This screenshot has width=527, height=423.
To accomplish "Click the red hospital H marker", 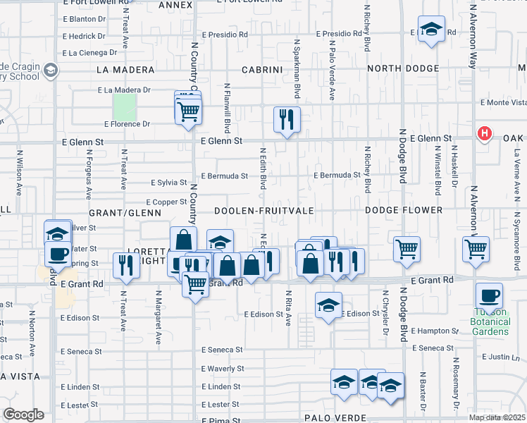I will (484, 133).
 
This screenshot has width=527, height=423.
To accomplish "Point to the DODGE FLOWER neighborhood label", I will (404, 211).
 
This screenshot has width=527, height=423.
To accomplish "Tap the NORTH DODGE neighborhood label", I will (404, 70).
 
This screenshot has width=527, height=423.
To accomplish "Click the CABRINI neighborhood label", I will (262, 70).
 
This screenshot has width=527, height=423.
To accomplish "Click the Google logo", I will (23, 415).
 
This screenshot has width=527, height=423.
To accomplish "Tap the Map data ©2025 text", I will (497, 417).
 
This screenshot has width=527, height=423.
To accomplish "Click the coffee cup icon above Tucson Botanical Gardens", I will (489, 295).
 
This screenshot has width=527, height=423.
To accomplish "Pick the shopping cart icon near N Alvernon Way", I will (476, 248).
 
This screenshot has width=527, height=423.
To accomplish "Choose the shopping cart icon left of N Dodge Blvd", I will (407, 248).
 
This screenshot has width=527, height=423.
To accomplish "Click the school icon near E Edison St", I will (328, 305).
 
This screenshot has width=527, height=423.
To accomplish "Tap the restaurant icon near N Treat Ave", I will (125, 264).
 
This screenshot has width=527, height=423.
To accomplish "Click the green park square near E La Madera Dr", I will (125, 107).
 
